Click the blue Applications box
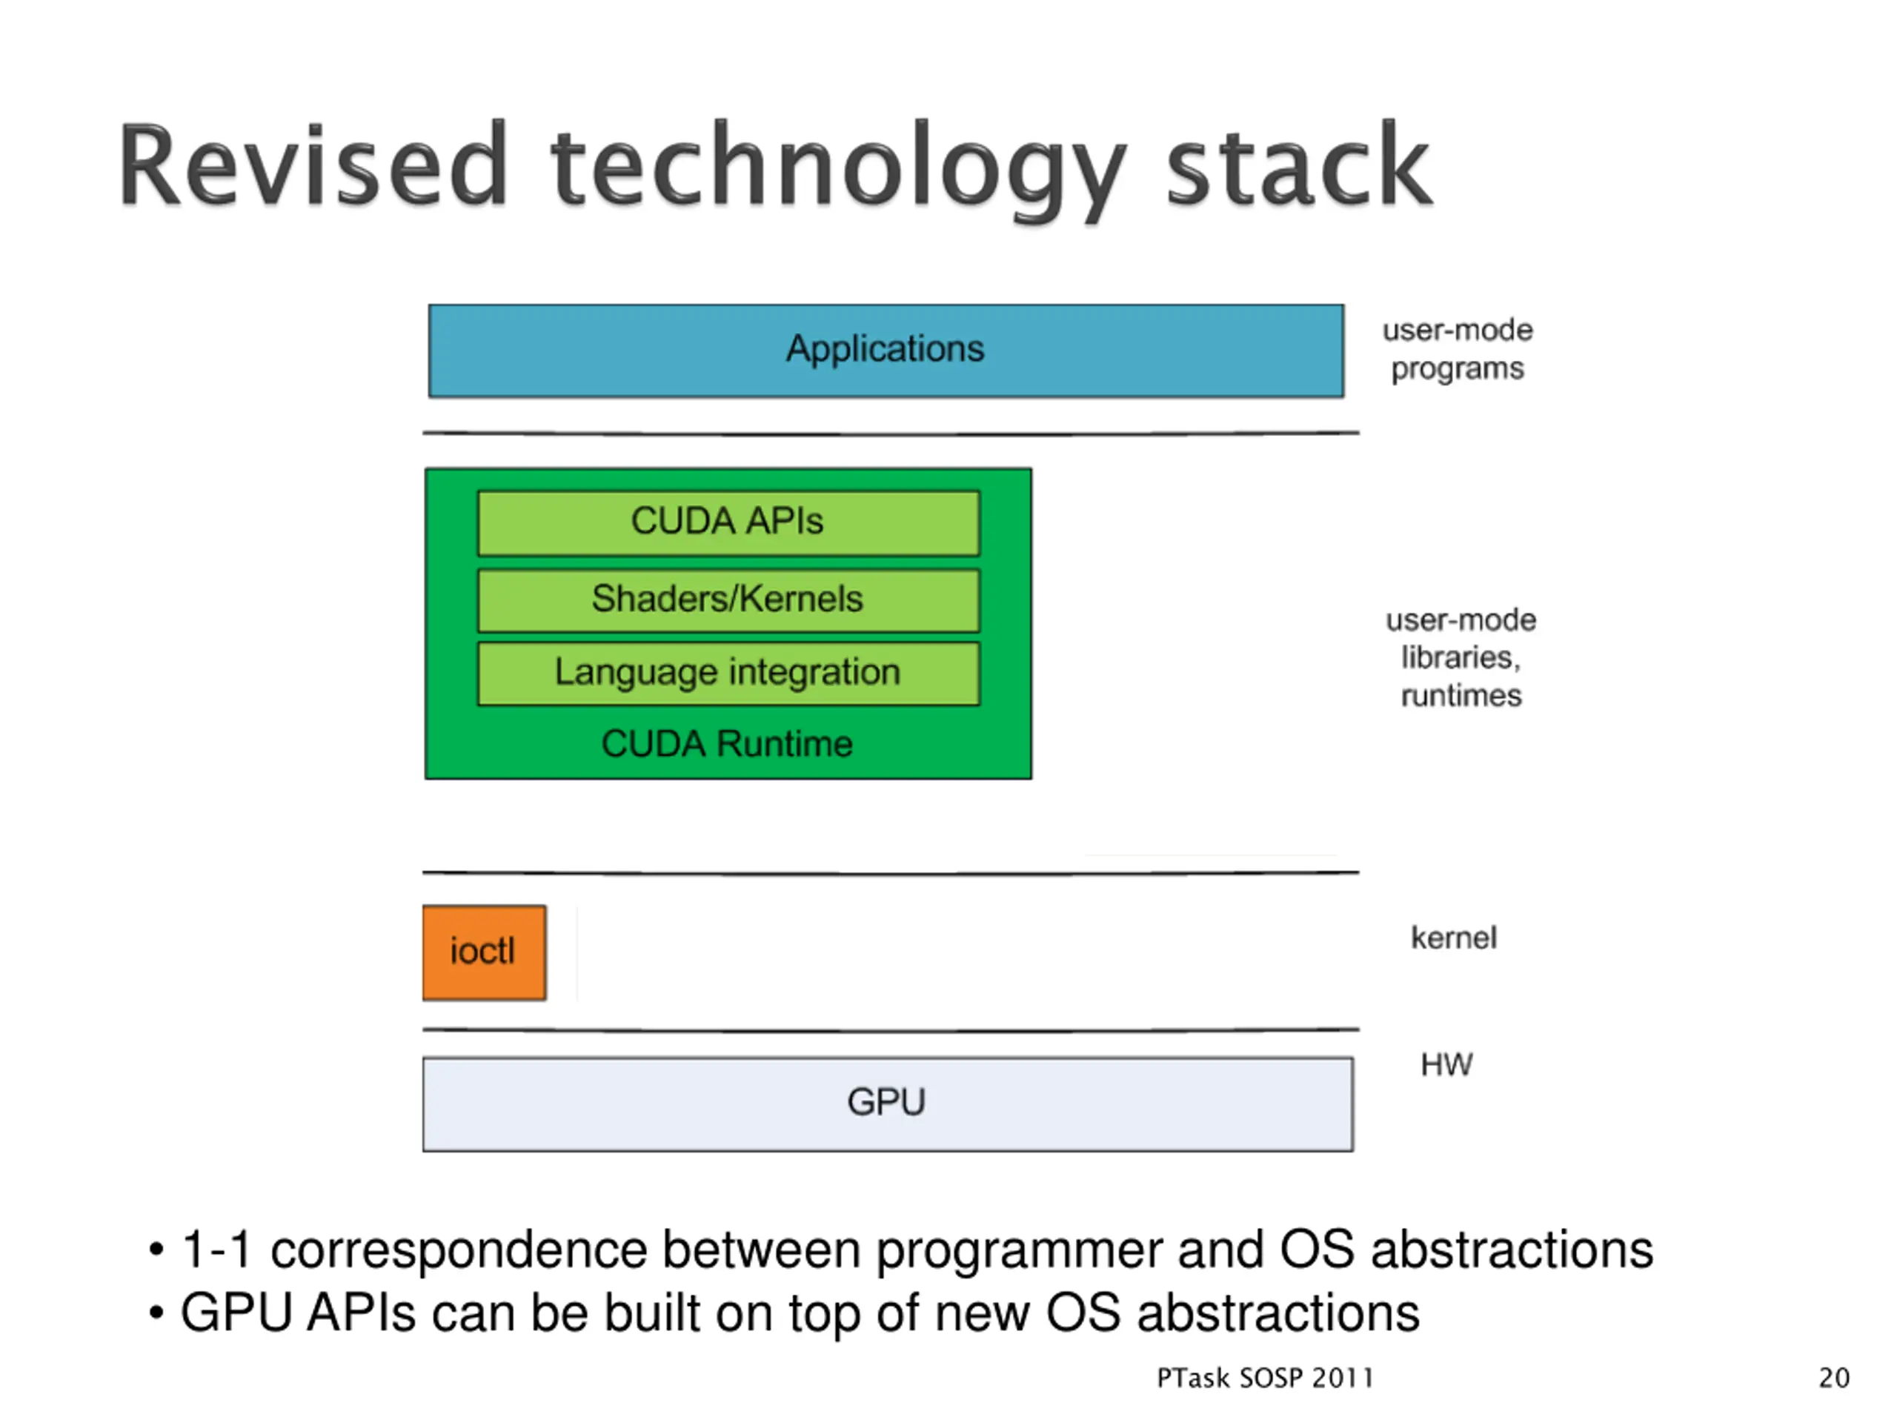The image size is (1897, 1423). click(x=886, y=351)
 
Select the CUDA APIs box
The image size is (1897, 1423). click(x=728, y=523)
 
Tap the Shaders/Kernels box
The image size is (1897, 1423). click(x=728, y=600)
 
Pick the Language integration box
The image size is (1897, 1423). click(x=728, y=673)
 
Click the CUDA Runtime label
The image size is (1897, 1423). click(x=727, y=743)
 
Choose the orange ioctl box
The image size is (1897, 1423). click(x=484, y=952)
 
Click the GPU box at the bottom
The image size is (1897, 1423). click(x=888, y=1104)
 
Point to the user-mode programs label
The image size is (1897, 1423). click(x=1457, y=349)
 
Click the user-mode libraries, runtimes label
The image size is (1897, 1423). click(x=1461, y=658)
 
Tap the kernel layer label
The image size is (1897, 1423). click(x=1454, y=938)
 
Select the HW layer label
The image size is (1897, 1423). click(x=1446, y=1064)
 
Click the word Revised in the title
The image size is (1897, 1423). click(x=313, y=165)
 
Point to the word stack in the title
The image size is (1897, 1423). click(x=1298, y=165)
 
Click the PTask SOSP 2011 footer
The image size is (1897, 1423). click(x=1265, y=1378)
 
